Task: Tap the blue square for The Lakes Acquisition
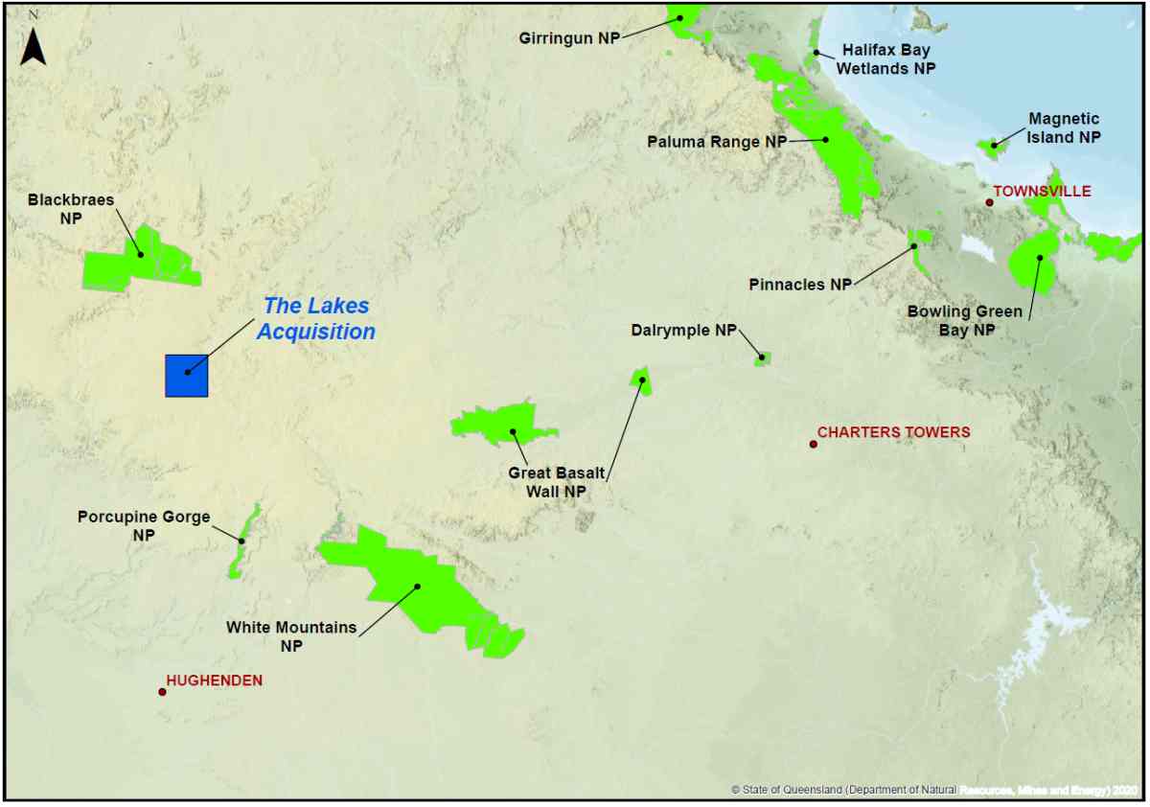(x=186, y=375)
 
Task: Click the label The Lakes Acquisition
(x=315, y=319)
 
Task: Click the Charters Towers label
(x=893, y=432)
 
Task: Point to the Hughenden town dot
(x=163, y=691)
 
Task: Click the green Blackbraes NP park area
(x=144, y=260)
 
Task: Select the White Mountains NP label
(x=291, y=636)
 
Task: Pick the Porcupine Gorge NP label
(x=144, y=526)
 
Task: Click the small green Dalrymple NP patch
(x=763, y=358)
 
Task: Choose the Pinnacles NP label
(x=800, y=285)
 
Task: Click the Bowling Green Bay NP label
(x=965, y=320)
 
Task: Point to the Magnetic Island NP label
(x=1064, y=128)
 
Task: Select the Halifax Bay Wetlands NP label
(x=885, y=59)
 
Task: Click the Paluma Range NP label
(x=716, y=142)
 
